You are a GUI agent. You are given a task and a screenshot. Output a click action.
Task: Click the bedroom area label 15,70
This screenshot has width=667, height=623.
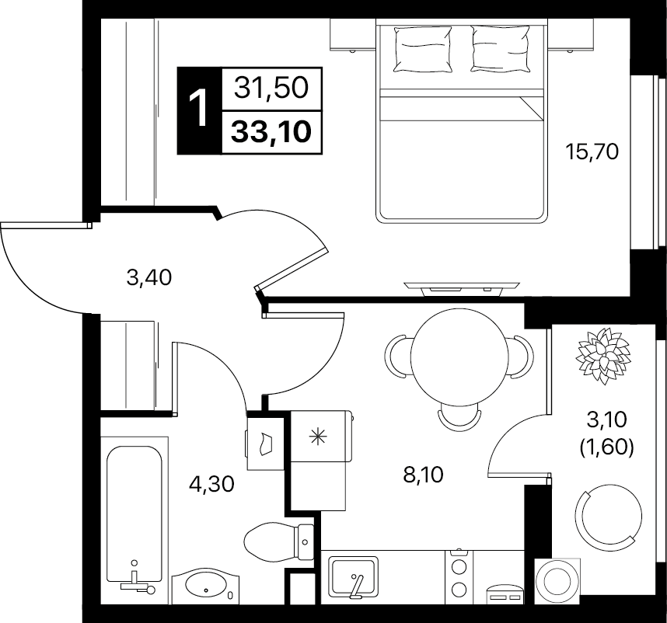(592, 152)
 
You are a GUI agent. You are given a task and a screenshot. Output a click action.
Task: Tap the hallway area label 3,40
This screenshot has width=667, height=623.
(149, 278)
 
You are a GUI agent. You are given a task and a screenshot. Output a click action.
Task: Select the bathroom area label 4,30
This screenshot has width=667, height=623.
(212, 484)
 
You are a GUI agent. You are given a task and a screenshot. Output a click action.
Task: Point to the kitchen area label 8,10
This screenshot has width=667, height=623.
(423, 475)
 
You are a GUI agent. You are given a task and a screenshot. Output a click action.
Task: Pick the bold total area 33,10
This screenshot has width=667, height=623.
(271, 131)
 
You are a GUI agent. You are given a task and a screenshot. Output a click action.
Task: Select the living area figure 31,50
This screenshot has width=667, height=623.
(271, 89)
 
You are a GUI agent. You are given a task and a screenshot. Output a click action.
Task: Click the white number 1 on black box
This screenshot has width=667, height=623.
(198, 109)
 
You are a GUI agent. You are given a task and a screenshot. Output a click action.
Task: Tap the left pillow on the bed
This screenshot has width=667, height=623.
(422, 49)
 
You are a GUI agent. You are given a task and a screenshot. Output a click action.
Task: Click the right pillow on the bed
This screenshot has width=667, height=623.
(501, 48)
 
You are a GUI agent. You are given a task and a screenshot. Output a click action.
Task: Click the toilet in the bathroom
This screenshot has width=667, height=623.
(279, 541)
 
